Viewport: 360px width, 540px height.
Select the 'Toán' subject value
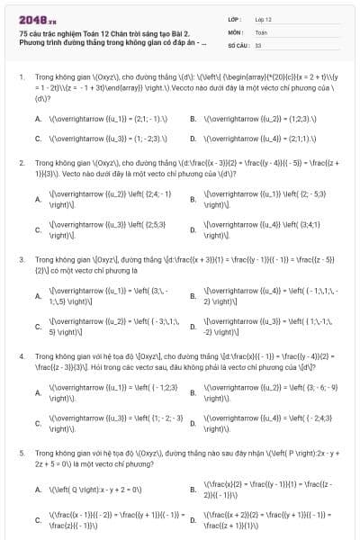261,31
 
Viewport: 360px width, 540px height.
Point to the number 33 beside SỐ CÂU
258,43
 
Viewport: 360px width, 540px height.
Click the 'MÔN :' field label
235,31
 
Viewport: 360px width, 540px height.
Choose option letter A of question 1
38,119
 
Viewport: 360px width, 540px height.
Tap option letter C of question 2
38,230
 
